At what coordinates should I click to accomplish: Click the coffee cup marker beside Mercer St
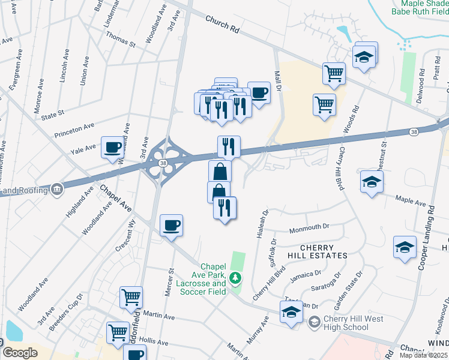coord(172,225)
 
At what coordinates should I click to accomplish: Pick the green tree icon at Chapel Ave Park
coord(237,278)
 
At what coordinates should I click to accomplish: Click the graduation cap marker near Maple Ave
coord(372,181)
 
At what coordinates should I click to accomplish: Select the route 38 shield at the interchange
coord(163,163)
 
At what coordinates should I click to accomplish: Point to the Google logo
coord(20,353)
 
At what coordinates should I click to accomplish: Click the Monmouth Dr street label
coord(310,227)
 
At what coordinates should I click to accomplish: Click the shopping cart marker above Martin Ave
coord(131,296)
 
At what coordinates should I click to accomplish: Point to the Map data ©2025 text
coord(424,355)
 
